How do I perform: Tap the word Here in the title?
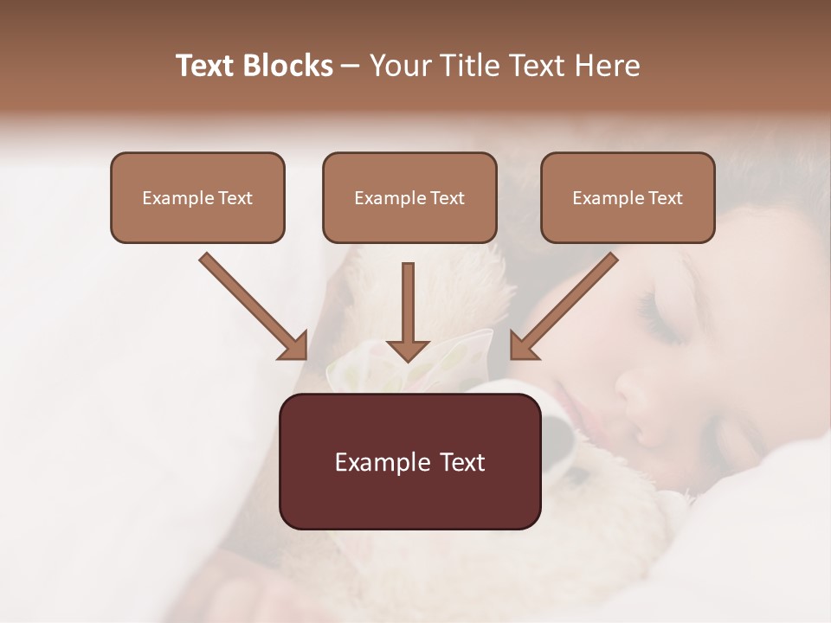point(606,66)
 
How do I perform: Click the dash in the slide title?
point(351,67)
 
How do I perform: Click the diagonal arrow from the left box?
point(251,305)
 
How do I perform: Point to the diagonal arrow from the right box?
point(567,305)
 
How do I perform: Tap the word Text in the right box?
point(665,198)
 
